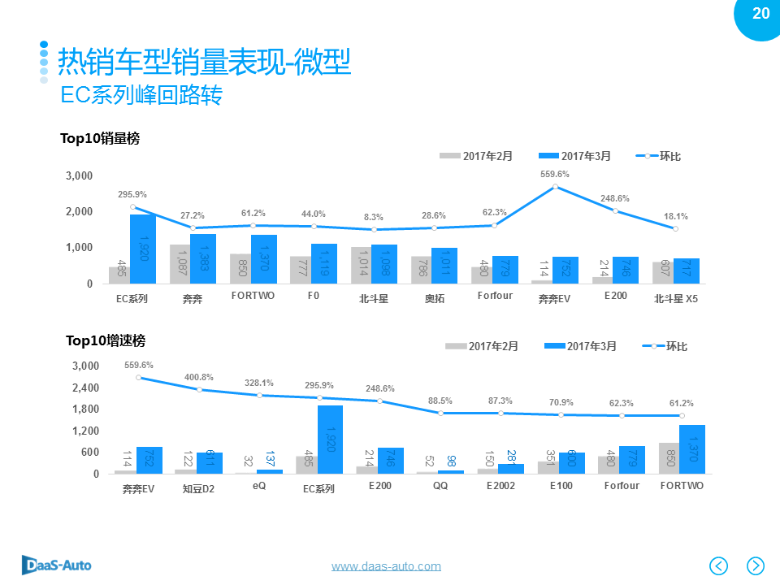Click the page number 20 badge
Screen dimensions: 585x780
tap(760, 14)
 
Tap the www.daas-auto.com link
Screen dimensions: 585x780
tap(386, 566)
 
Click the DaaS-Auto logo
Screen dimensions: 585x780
tap(56, 565)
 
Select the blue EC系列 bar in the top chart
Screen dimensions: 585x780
tap(143, 249)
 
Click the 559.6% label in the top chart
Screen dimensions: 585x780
tap(555, 174)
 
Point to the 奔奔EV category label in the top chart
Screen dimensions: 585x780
tap(555, 298)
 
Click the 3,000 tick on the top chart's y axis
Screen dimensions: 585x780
tap(79, 175)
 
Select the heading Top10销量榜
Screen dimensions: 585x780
tap(100, 139)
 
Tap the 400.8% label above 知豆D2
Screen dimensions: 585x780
tap(198, 377)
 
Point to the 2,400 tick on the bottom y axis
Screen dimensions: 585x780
tap(84, 388)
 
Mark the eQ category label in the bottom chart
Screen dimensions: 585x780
tap(258, 486)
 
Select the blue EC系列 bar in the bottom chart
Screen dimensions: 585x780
tap(330, 440)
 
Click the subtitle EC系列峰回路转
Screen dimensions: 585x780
tap(141, 95)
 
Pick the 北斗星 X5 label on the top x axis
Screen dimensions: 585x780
tap(676, 298)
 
